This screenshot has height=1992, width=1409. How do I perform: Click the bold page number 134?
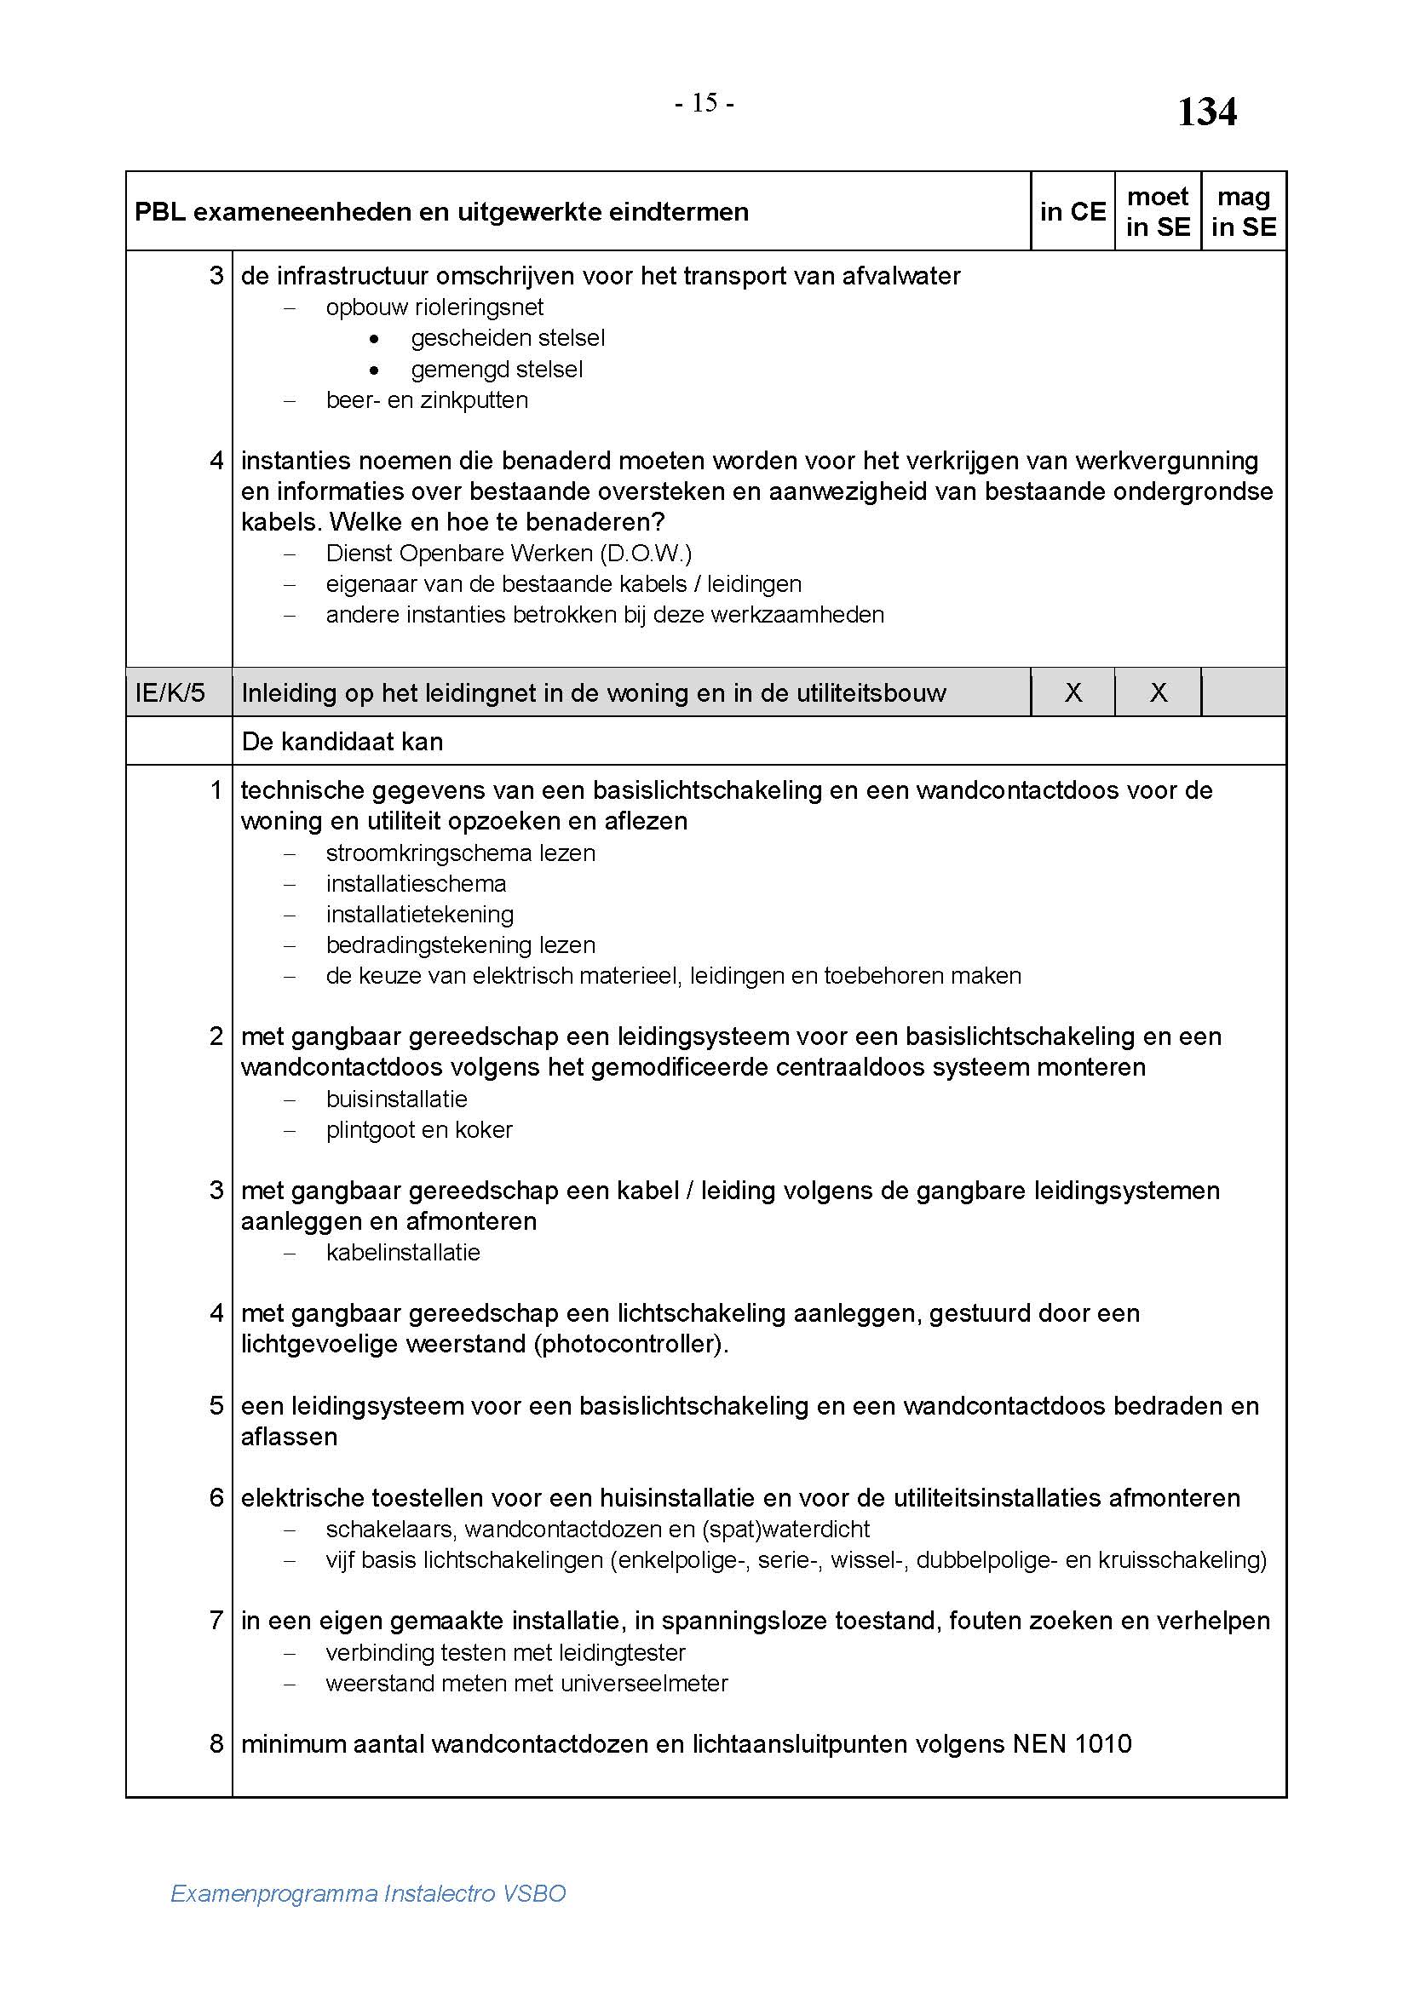[x=1206, y=112]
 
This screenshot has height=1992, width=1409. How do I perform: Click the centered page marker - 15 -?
[x=704, y=103]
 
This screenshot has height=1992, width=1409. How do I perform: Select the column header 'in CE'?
[x=1073, y=212]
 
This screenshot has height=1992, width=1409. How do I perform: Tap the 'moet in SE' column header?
[x=1158, y=212]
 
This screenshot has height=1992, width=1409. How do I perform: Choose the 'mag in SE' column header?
[x=1243, y=212]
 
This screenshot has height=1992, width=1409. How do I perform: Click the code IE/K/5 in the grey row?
[x=170, y=693]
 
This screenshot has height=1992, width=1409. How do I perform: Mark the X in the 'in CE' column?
[x=1073, y=692]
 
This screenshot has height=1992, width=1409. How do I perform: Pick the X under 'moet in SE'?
[x=1159, y=692]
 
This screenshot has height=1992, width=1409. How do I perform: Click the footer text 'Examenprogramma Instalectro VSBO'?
[x=368, y=1893]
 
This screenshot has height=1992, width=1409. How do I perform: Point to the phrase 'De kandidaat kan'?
[x=342, y=742]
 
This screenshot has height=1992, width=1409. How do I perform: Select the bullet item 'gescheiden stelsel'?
[x=508, y=337]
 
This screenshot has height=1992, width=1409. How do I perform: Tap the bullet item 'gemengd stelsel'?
[x=497, y=369]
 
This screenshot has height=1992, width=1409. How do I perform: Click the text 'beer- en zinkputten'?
[x=427, y=400]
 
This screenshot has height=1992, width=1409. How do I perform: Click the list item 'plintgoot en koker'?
[x=419, y=1129]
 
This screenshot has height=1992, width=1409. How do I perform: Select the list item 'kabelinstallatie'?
[x=403, y=1252]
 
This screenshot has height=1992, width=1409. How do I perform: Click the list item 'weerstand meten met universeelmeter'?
[x=526, y=1683]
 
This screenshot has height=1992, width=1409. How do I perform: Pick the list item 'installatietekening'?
[x=420, y=914]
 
